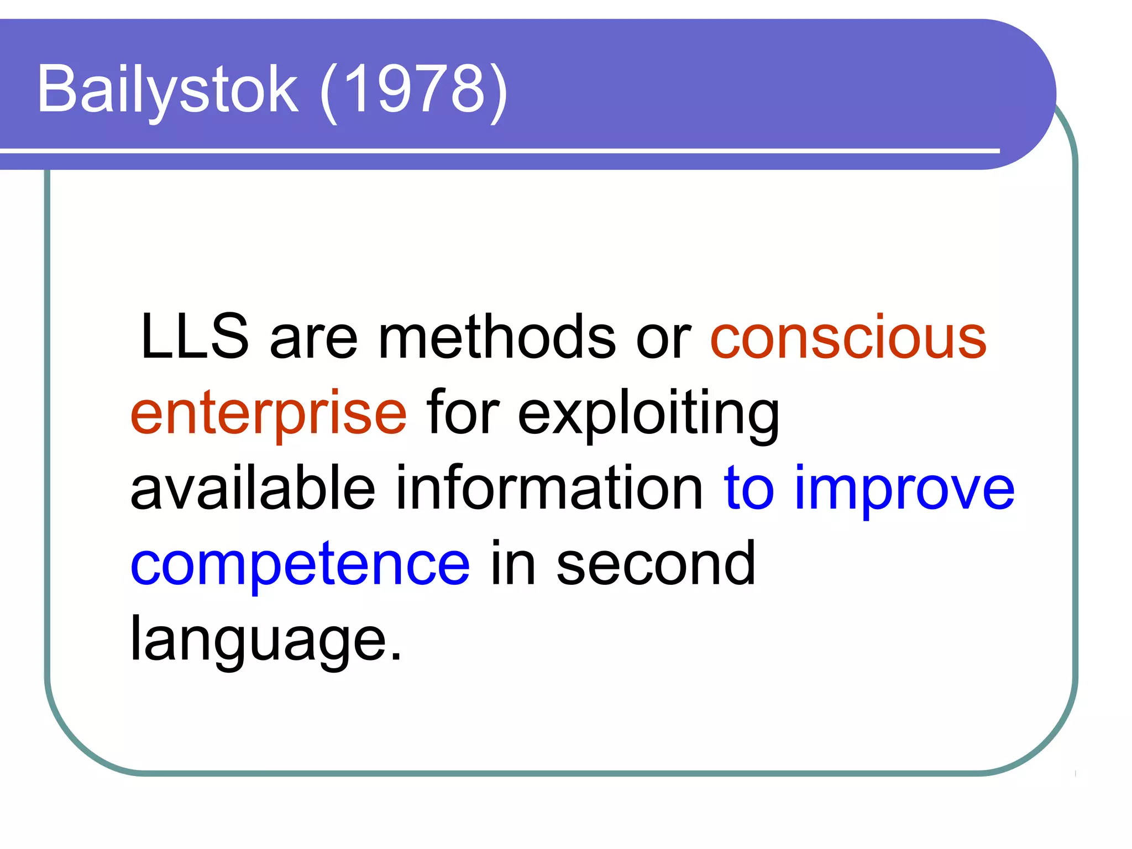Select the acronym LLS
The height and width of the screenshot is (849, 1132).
pos(195,337)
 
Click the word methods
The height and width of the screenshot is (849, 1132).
pos(496,337)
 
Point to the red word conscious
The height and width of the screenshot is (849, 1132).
pos(848,337)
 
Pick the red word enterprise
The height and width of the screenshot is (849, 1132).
pos(269,413)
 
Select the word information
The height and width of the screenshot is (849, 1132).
pos(549,489)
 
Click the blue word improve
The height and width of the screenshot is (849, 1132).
pos(904,489)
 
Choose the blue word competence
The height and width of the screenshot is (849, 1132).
pos(300,565)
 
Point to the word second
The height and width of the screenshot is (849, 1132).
pos(656,565)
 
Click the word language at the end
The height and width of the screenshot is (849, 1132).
pos(258,641)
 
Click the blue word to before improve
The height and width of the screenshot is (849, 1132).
pos(749,489)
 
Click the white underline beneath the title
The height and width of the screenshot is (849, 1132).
pos(497,150)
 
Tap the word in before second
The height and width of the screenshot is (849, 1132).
pos(512,565)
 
